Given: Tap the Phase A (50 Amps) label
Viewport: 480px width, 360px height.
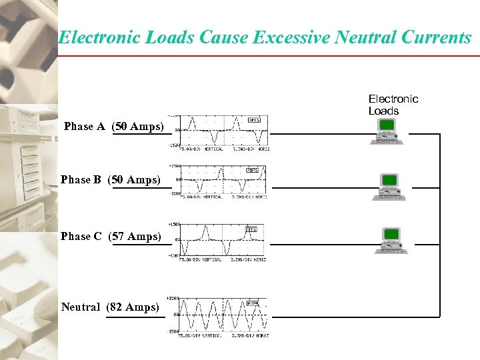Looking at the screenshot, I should point(114,126).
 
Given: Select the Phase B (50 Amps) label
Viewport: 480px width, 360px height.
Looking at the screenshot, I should point(111,179).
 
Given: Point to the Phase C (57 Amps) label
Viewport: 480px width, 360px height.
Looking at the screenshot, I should point(111,236).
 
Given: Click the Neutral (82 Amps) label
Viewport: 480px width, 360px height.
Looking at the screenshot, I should point(110,307).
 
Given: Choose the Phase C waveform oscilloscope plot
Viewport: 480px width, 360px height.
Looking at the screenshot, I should point(224,240).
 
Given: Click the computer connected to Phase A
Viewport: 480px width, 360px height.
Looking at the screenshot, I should point(387,132).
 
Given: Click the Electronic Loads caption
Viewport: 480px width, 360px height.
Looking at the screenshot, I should point(393,105).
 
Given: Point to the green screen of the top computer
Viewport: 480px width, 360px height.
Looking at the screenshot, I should point(387,125).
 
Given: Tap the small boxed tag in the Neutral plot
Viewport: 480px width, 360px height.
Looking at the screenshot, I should point(253,303).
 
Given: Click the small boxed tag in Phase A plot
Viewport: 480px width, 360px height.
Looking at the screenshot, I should point(254,120).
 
